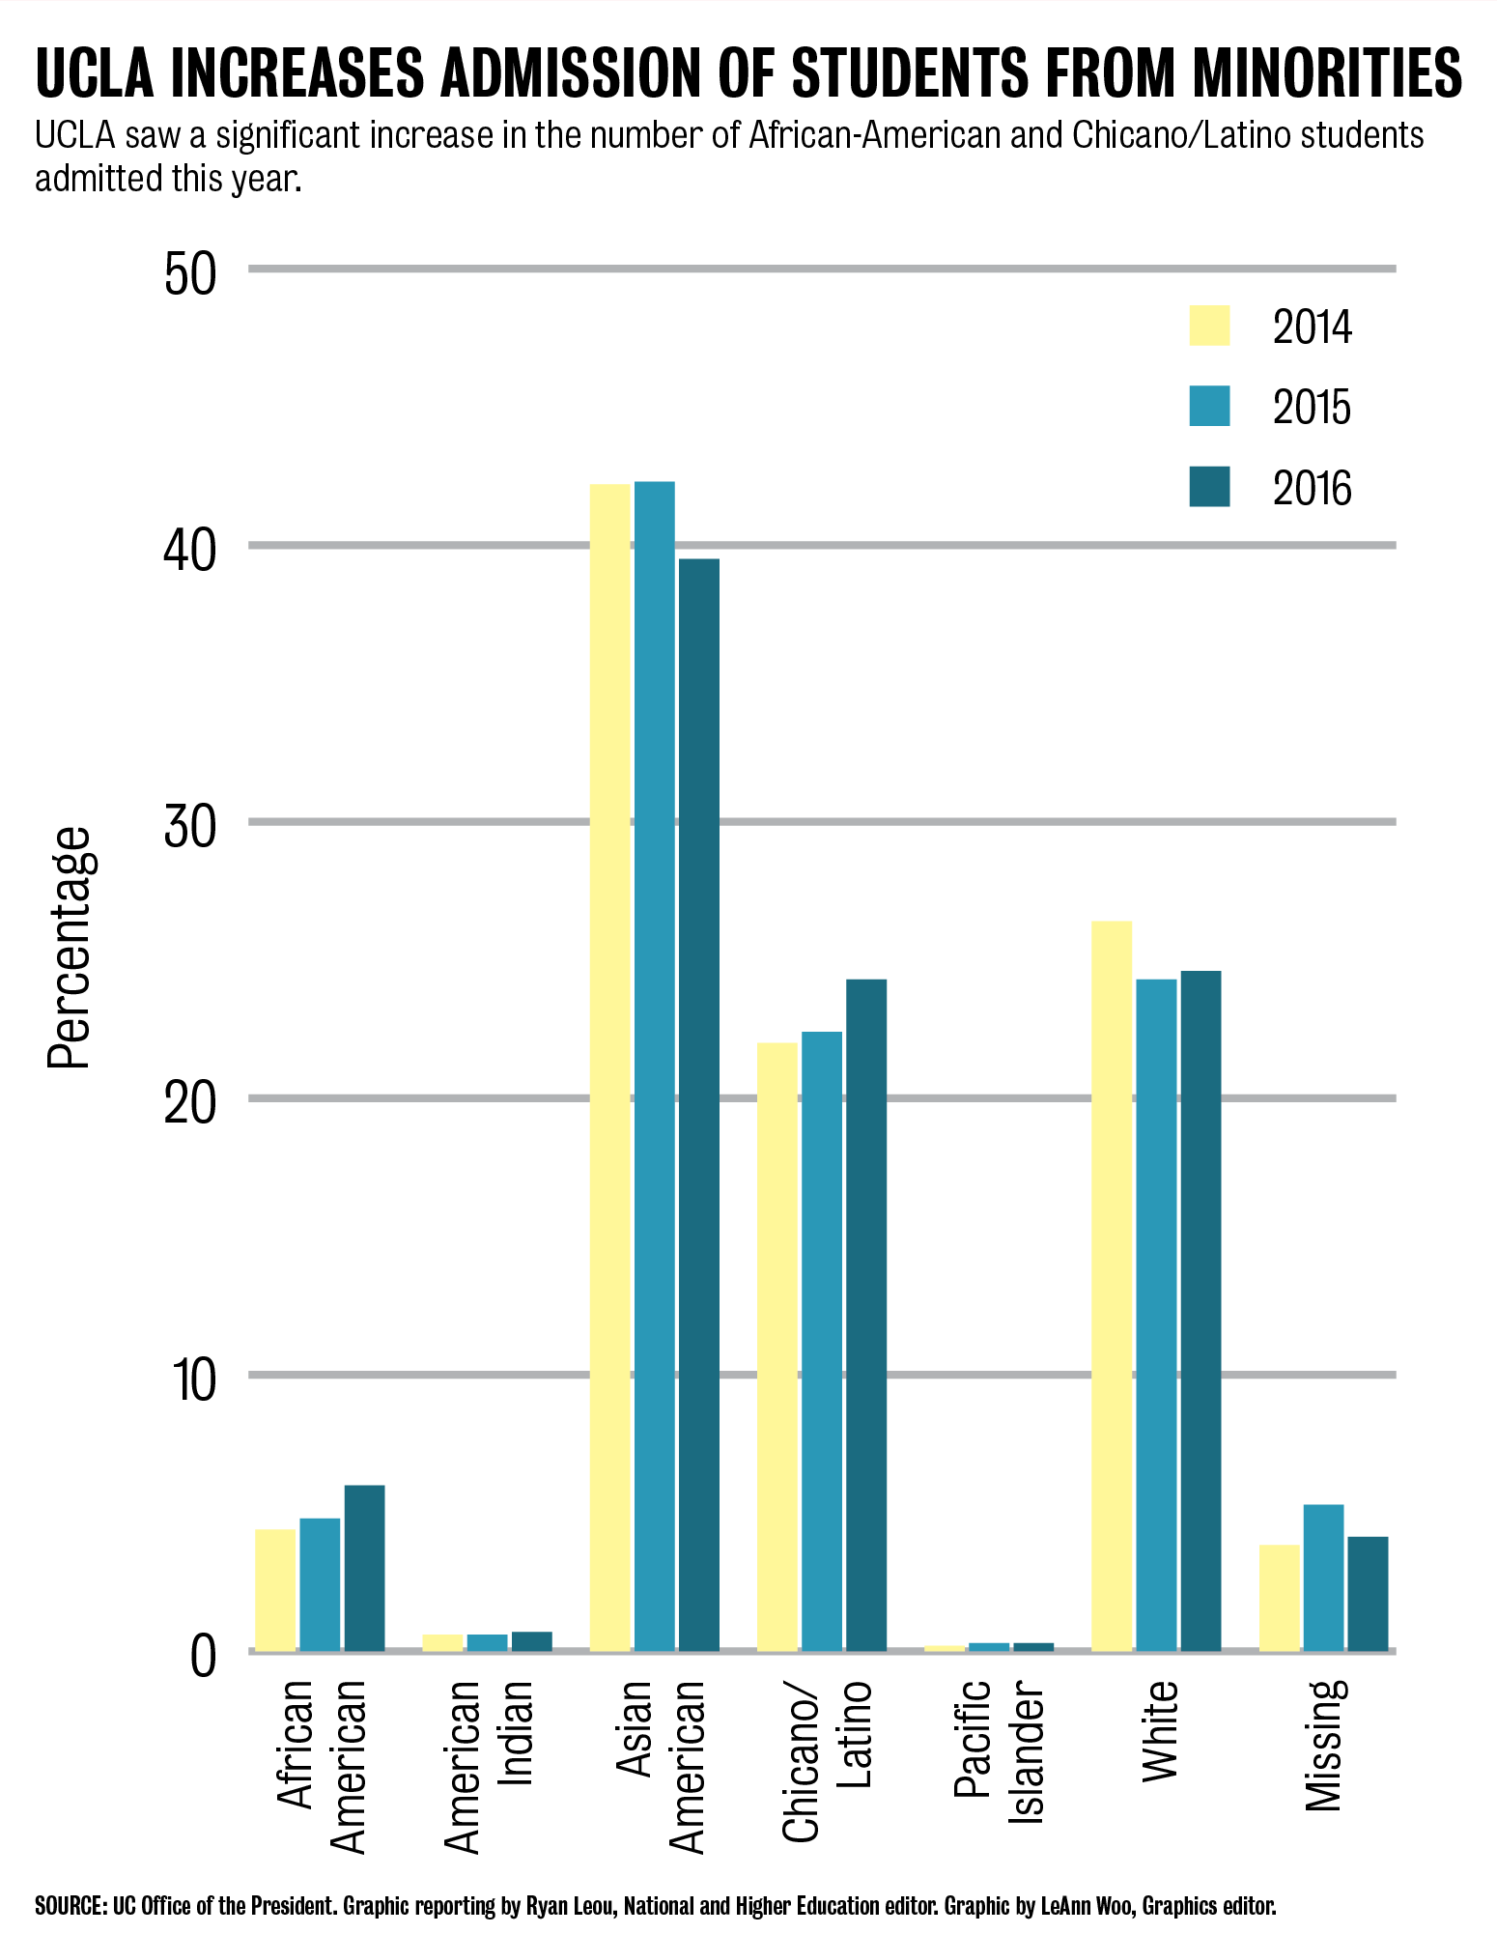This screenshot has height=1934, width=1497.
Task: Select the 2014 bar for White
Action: coord(1111,1285)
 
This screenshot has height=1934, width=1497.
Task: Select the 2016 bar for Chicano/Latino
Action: coord(865,1315)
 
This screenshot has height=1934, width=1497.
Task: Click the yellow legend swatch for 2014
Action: coord(1209,326)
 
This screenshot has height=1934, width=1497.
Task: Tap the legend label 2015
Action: coord(1311,408)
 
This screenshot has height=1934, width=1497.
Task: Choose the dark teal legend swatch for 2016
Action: coord(1209,487)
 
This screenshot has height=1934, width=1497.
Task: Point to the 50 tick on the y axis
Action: coord(189,274)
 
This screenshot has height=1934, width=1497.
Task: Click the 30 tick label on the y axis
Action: coord(189,827)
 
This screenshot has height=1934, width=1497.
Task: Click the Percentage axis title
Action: coord(70,947)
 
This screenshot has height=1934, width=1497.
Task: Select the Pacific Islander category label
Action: coord(999,1750)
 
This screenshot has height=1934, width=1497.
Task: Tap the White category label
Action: coord(1159,1730)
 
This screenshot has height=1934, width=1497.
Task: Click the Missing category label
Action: coord(1324,1745)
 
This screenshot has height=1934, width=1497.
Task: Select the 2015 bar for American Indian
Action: coord(487,1642)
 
